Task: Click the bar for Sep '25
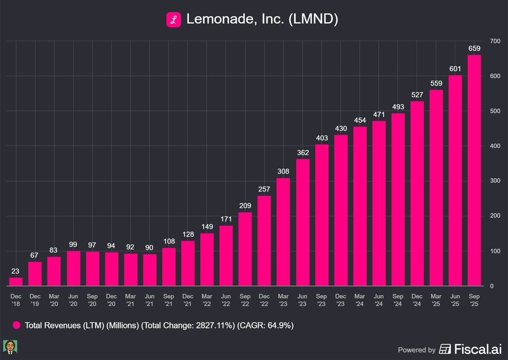(x=474, y=170)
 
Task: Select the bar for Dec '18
(x=16, y=282)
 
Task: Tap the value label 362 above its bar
(x=303, y=153)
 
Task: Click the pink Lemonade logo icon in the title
(x=173, y=20)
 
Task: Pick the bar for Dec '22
(x=265, y=241)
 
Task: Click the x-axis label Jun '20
(x=73, y=298)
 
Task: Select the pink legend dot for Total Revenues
(x=17, y=326)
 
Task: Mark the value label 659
(x=474, y=49)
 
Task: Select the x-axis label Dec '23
(x=341, y=298)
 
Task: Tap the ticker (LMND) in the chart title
(x=313, y=20)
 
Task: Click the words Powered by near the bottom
(x=417, y=350)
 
